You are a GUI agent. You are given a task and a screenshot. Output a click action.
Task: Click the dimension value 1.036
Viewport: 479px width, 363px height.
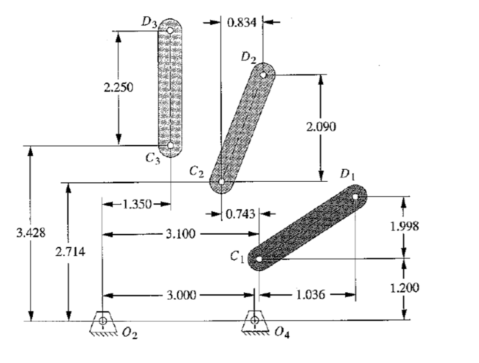310,295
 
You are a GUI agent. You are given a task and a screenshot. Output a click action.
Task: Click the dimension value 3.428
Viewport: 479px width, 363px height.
31,234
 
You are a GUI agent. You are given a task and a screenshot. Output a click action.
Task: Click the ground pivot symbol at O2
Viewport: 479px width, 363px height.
102,322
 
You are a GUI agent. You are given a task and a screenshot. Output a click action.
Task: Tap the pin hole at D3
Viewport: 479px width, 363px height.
170,30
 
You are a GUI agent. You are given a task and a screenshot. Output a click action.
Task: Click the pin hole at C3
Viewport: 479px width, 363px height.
170,145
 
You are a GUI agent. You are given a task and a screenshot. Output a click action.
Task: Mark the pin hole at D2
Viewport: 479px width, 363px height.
264,74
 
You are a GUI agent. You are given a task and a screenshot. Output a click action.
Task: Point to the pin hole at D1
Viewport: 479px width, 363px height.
356,196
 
